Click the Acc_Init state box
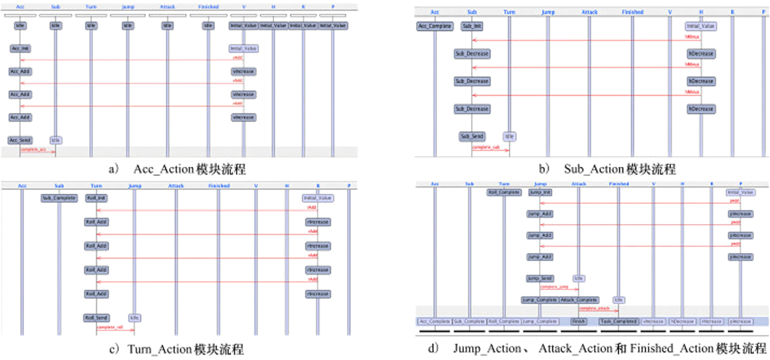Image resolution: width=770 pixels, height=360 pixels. pos(20,49)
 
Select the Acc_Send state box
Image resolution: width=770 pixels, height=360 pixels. pos(20,140)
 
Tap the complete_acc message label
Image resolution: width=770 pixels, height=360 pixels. pos(33,149)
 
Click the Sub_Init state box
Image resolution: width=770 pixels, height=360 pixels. pos(472,26)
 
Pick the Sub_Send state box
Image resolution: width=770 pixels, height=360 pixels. pos(472,137)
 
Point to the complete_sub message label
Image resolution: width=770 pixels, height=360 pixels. pos(486,147)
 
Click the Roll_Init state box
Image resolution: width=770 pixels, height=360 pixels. pos(96,198)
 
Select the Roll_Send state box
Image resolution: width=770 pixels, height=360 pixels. pos(96,318)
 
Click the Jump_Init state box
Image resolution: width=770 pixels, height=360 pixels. pos(540,192)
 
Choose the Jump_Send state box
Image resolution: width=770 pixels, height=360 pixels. pos(540,279)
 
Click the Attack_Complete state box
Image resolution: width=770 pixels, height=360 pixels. pos(579,300)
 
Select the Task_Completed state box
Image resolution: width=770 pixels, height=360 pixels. pos(619,321)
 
